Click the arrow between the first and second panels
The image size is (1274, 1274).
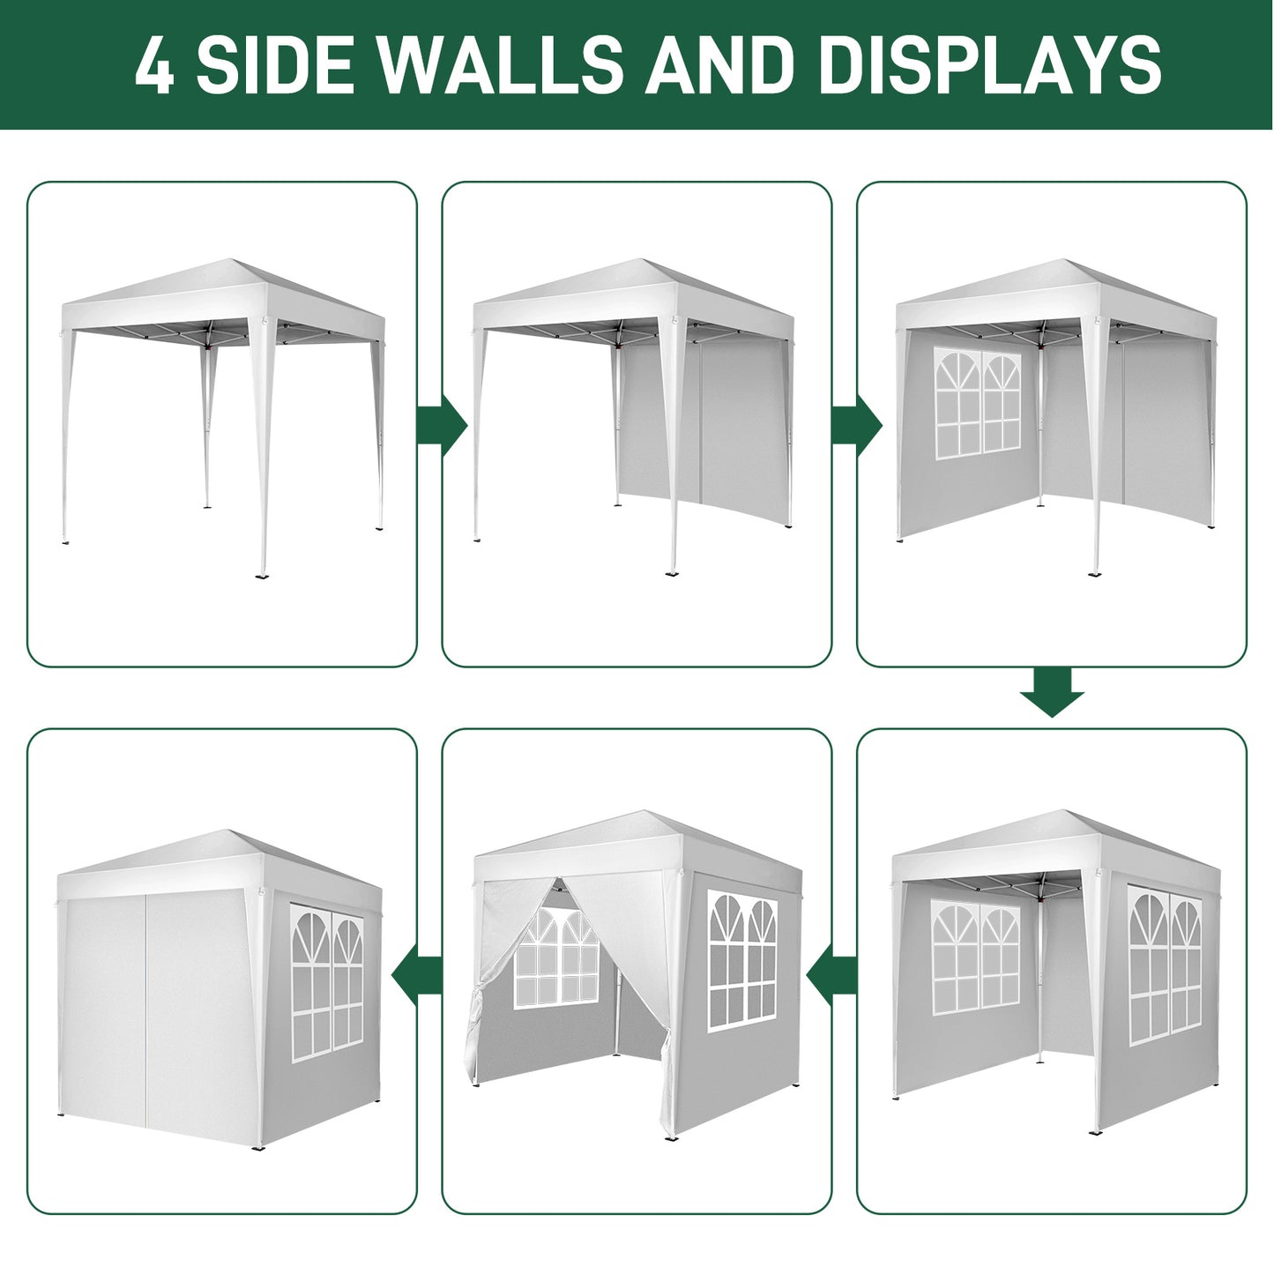pos(441,427)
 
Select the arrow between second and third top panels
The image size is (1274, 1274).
pos(856,427)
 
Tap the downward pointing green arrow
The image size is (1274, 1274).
pos(1051,693)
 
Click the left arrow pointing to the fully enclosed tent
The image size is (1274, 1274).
pos(417,974)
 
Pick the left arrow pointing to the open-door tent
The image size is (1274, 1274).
pos(831,974)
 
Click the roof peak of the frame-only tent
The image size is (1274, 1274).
pos(231,262)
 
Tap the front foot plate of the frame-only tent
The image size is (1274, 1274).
pos(262,576)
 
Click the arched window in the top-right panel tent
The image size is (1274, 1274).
pos(977,404)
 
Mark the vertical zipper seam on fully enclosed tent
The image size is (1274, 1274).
pos(146,1014)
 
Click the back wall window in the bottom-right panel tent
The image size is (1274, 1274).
pos(975,957)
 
